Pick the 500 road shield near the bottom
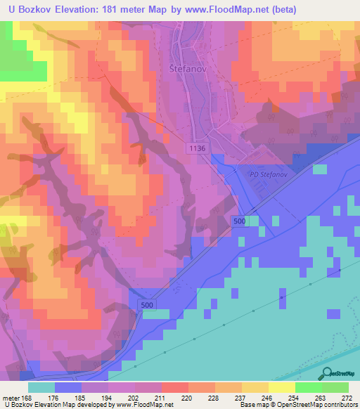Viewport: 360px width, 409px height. (x=146, y=305)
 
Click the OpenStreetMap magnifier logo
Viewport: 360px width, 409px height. (x=326, y=374)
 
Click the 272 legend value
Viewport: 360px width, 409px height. (x=347, y=398)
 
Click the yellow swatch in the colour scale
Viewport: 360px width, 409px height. (x=282, y=387)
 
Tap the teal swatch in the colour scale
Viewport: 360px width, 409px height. (x=41, y=387)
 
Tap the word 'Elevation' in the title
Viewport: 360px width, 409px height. (x=79, y=10)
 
